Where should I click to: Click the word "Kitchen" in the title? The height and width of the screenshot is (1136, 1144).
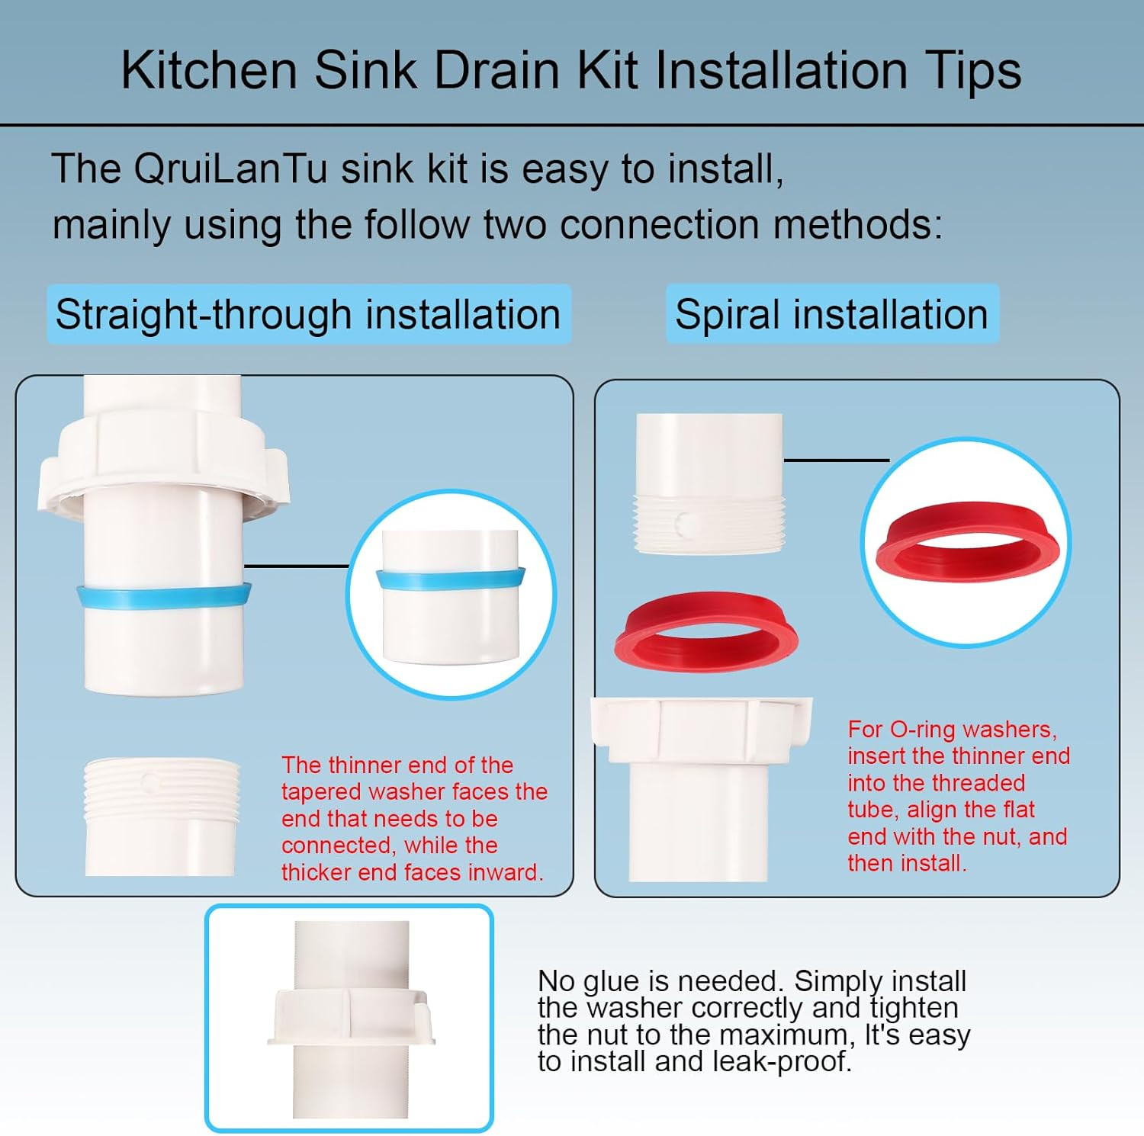coord(209,70)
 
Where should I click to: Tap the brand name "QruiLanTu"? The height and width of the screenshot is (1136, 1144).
coord(230,168)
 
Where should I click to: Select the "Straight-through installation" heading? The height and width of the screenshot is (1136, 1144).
coord(308,314)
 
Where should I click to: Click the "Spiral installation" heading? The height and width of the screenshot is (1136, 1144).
coord(831,314)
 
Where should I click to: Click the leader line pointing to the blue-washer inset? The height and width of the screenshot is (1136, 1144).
coord(297,566)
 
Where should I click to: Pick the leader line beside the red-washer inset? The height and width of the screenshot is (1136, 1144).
coord(837,460)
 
